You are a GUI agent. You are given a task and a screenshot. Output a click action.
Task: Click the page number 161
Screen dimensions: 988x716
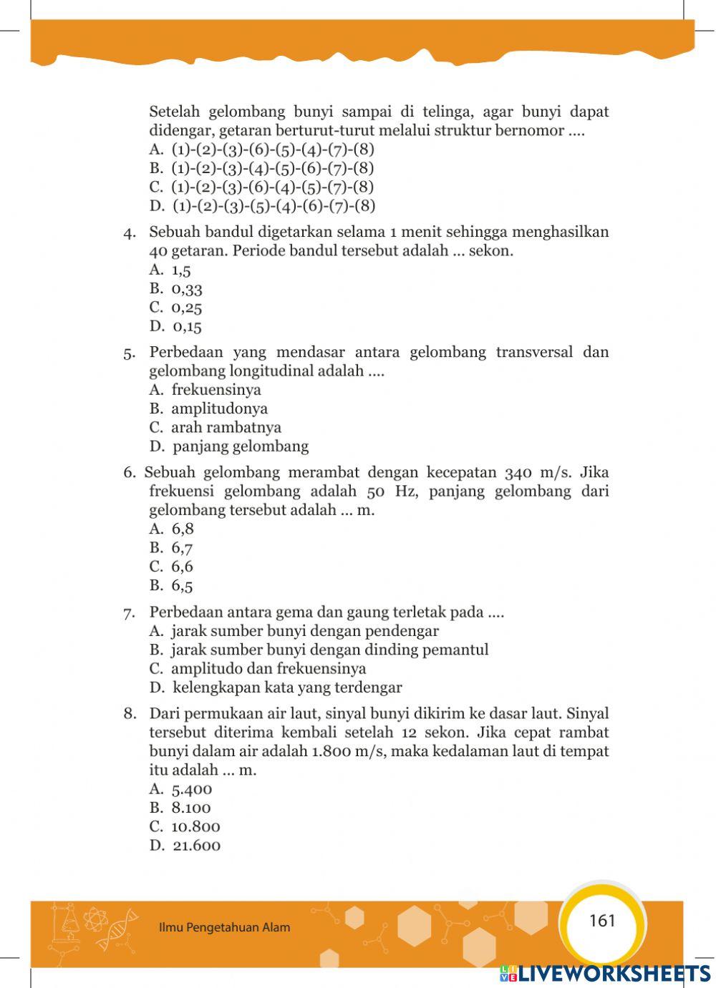click(x=602, y=921)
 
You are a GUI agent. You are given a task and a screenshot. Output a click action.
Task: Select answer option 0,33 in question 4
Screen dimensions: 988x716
click(x=186, y=289)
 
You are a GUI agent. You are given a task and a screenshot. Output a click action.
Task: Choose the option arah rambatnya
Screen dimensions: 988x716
click(x=226, y=428)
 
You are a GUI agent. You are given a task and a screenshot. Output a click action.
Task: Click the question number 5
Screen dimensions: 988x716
click(x=129, y=353)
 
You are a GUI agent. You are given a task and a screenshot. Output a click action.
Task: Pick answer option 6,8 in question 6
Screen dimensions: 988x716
click(x=183, y=529)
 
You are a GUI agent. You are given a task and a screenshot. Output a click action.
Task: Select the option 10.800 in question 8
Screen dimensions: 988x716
click(x=195, y=827)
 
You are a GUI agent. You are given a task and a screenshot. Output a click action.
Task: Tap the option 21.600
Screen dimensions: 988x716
click(x=196, y=846)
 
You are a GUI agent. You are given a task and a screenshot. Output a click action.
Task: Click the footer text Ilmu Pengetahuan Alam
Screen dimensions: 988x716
click(x=224, y=928)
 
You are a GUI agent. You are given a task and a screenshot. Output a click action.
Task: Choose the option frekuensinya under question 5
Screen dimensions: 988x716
click(x=216, y=390)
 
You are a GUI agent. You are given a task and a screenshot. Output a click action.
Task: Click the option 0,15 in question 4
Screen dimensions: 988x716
click(x=187, y=327)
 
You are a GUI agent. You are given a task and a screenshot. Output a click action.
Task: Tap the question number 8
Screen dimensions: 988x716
click(x=129, y=714)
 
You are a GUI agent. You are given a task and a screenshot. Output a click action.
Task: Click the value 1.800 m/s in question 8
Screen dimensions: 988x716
click(x=349, y=752)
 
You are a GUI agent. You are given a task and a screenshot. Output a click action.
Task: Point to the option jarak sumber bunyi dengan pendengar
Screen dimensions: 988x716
click(x=304, y=631)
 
